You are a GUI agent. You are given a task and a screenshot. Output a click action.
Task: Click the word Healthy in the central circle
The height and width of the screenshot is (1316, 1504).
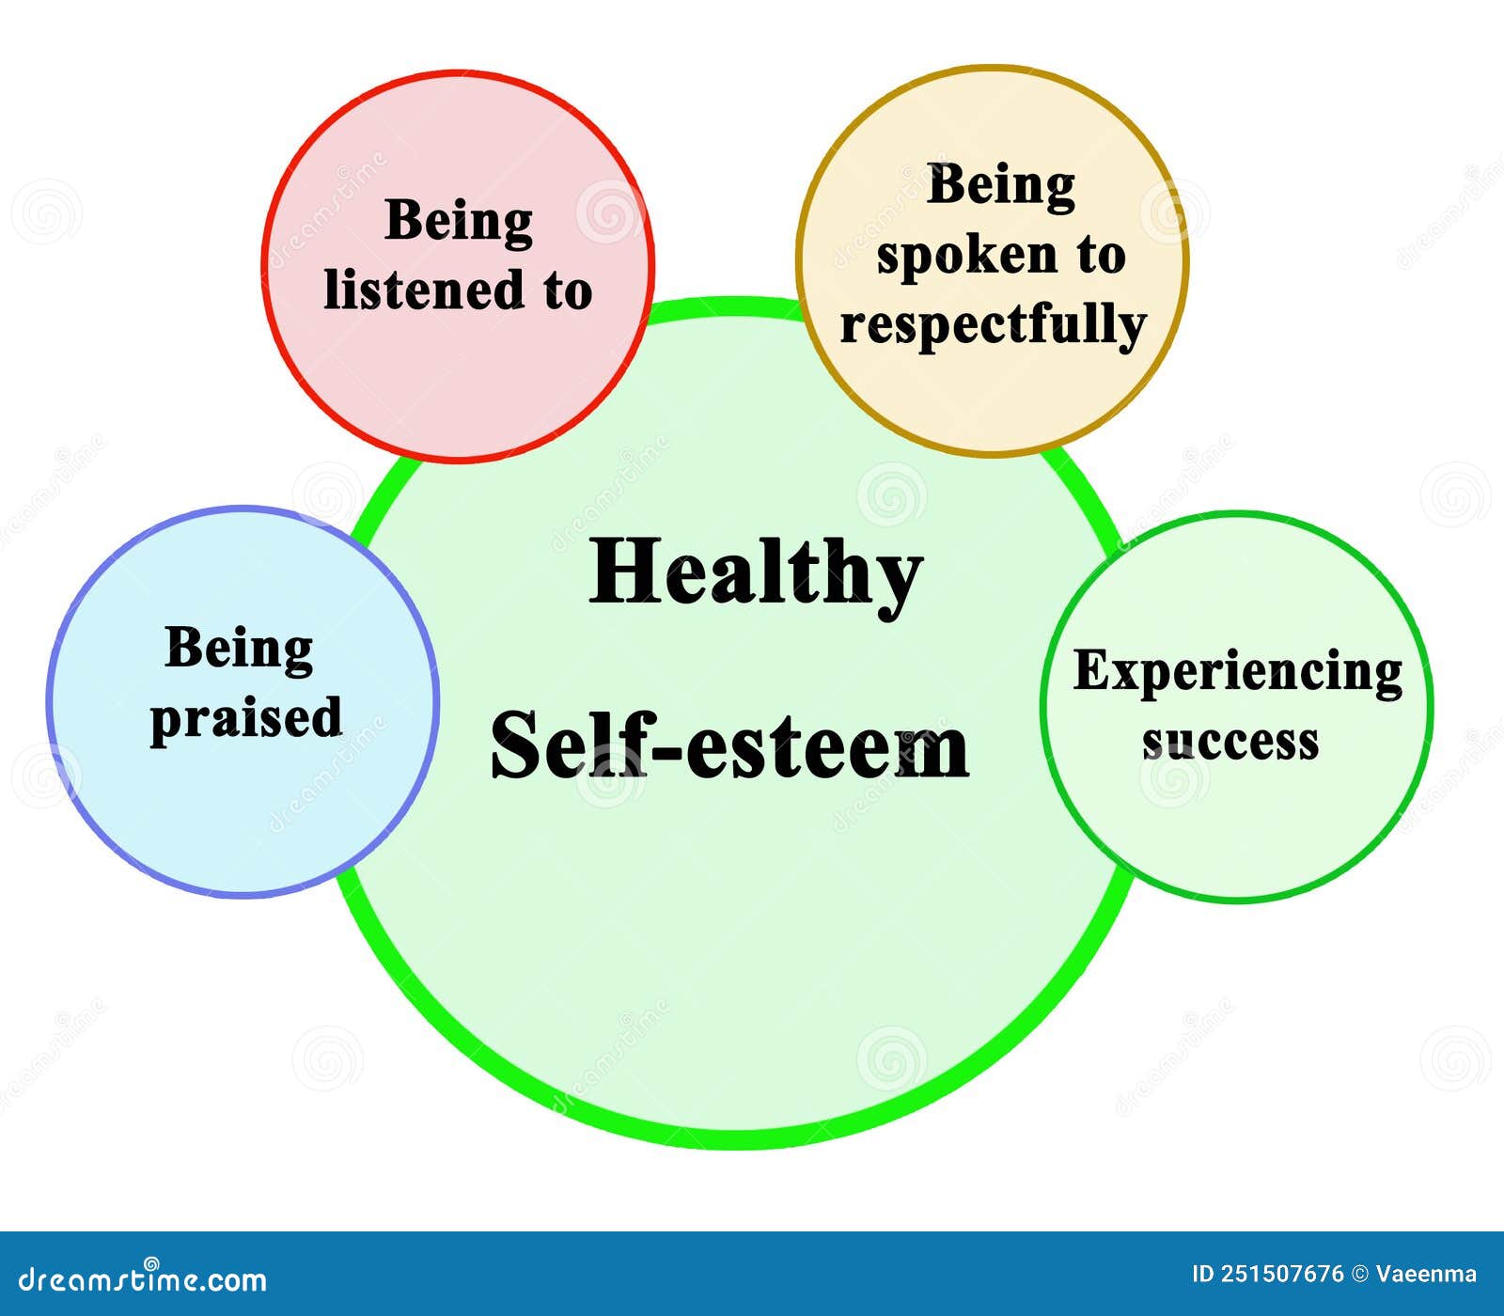tap(756, 574)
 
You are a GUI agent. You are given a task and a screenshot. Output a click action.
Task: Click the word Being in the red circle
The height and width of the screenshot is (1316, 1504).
tap(459, 223)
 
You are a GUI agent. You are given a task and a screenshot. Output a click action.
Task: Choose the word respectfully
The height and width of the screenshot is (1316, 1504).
tap(994, 325)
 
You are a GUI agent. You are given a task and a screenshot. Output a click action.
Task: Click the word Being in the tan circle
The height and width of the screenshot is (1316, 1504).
tap(1001, 186)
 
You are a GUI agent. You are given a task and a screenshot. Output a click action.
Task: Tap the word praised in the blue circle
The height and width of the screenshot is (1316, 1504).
tap(246, 719)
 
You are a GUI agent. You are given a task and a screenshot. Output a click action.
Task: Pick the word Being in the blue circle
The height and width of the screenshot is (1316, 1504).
tap(239, 650)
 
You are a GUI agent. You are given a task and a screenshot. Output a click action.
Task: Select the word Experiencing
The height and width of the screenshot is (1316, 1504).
tap(1238, 673)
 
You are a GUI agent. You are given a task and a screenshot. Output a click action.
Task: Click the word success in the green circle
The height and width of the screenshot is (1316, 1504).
tap(1230, 742)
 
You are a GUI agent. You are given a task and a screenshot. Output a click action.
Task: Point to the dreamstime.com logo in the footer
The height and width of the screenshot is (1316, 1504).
tap(143, 1278)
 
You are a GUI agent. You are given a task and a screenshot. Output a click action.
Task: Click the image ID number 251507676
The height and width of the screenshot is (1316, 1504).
tap(1283, 1275)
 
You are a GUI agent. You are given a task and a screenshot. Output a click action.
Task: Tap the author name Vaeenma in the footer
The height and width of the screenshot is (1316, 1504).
tap(1426, 1275)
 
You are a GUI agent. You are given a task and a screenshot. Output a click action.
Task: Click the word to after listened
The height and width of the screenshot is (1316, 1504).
tap(567, 290)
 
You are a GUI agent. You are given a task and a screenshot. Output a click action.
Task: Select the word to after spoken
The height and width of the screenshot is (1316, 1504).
tap(1101, 256)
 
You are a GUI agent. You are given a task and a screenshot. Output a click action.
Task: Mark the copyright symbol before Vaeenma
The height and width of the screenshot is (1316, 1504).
tap(1360, 1275)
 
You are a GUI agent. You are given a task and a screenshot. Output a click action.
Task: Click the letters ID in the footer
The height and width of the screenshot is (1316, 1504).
tap(1203, 1275)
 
